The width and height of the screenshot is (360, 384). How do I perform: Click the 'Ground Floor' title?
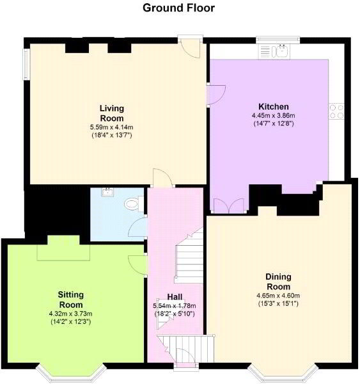point(178,8)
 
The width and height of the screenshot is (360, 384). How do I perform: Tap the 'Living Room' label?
point(111,113)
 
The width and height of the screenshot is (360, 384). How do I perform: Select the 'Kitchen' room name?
point(273,106)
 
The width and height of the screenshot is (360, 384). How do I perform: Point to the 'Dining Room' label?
point(278,281)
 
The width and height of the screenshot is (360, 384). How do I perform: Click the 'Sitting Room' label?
point(70,300)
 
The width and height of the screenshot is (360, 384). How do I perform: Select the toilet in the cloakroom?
point(132,204)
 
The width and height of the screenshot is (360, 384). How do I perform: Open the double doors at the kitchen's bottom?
point(228,206)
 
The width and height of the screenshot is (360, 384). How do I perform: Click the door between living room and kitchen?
point(215,95)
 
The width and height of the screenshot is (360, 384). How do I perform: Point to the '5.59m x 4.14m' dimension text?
point(111,127)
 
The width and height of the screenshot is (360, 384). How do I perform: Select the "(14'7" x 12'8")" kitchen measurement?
point(273,123)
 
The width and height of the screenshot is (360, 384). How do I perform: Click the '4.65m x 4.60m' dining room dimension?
point(278,295)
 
